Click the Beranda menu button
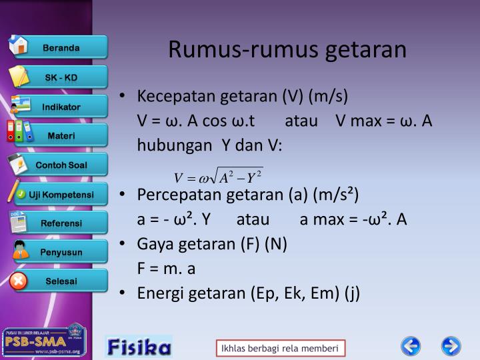tap(61, 47)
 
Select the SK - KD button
tap(61, 77)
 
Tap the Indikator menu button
tap(61, 107)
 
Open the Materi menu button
tap(61, 136)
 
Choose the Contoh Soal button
tap(61, 165)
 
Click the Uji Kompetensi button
tap(61, 195)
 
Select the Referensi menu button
tap(61, 223)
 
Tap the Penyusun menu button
tap(61, 252)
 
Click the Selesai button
tap(61, 281)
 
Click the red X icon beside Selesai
tap(19, 281)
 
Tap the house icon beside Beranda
tap(18, 45)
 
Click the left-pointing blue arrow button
tap(411, 347)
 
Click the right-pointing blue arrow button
tap(451, 347)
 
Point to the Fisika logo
tap(139, 347)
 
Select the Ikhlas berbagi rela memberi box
tap(280, 349)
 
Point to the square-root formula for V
tap(218, 177)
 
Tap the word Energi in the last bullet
tap(158, 293)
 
